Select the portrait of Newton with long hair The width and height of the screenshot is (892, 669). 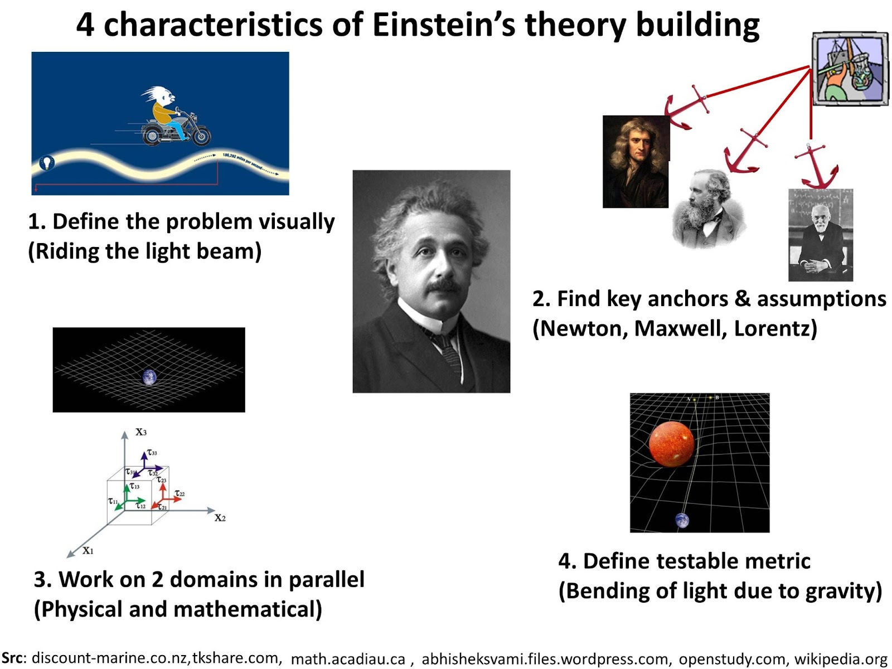(x=636, y=162)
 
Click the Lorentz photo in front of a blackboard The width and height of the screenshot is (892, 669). (x=820, y=235)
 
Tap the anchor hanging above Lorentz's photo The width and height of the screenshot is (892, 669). (x=816, y=167)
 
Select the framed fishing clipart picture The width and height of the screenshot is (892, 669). (x=850, y=69)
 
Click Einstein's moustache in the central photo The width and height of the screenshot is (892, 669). (x=444, y=286)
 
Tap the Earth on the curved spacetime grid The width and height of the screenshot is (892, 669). (x=149, y=377)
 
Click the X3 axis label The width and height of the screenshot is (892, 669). (x=141, y=432)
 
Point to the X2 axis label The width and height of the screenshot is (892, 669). (x=220, y=518)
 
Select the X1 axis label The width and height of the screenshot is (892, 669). (x=88, y=551)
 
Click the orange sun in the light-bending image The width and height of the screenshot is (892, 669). (x=671, y=444)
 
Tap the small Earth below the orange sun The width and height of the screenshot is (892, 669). (x=682, y=520)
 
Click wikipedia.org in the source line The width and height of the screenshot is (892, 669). (x=841, y=659)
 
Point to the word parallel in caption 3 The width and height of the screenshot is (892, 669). (x=326, y=580)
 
